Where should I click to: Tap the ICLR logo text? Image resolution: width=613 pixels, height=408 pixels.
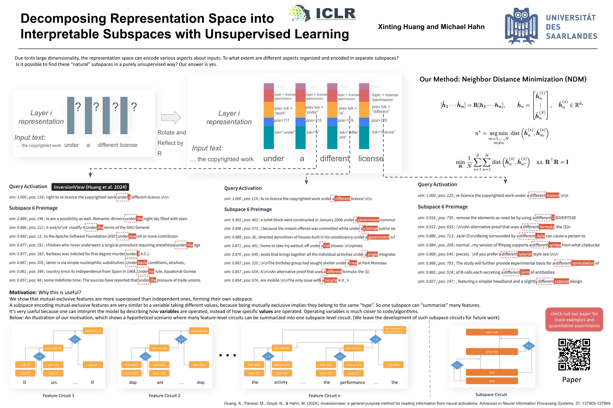coord(335,13)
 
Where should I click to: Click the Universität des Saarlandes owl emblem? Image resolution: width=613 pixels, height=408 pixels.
coord(521,26)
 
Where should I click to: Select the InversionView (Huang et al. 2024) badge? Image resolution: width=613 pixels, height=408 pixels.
coord(90,187)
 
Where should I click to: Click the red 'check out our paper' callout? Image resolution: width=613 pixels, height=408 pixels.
coord(574,320)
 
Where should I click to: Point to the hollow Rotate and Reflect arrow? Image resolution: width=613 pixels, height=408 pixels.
coord(171,118)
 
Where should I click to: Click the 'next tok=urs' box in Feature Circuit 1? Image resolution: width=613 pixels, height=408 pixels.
coord(93,331)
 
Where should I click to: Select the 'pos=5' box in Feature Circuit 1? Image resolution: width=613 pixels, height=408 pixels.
coord(25,373)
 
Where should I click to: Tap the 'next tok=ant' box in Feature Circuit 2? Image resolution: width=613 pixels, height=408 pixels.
coord(199,331)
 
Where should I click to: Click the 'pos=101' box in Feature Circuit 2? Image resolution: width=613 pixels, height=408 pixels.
coord(131,373)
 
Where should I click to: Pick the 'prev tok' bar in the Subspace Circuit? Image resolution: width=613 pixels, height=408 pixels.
coord(492,351)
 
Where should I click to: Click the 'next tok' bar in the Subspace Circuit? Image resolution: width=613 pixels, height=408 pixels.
coord(492,332)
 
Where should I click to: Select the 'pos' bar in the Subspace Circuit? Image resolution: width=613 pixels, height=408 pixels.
coord(492,381)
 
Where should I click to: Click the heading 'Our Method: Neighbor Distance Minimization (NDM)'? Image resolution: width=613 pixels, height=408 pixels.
coord(503,79)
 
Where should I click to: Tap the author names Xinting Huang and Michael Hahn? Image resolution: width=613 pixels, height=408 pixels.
coord(431,27)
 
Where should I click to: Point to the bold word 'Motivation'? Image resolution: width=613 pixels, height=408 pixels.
coord(22,292)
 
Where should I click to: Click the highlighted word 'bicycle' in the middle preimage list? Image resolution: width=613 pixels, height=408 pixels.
coord(331,280)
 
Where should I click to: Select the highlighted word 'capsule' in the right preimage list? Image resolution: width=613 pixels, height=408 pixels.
coord(562,281)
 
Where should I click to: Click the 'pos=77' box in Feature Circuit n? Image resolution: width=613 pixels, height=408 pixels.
coord(354,373)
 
